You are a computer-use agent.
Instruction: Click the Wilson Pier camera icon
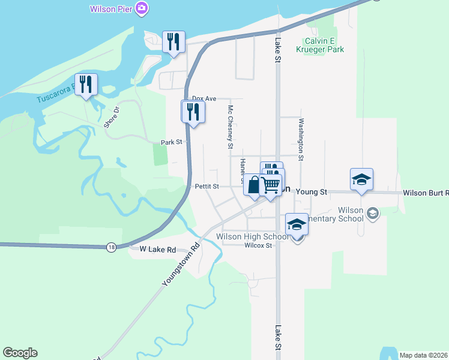pyautogui.click(x=142, y=8)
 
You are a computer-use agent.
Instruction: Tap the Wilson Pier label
pyautogui.click(x=111, y=9)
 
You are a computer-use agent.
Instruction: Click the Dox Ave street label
pyautogui.click(x=203, y=98)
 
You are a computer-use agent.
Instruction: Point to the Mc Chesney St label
pyautogui.click(x=230, y=127)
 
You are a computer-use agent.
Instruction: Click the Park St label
pyautogui.click(x=171, y=143)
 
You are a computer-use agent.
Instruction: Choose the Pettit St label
pyautogui.click(x=207, y=187)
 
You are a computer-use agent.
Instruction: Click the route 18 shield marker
pyautogui.click(x=111, y=247)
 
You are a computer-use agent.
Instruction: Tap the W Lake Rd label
pyautogui.click(x=157, y=249)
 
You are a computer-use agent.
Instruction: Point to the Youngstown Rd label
pyautogui.click(x=180, y=265)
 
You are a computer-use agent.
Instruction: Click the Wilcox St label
pyautogui.click(x=259, y=245)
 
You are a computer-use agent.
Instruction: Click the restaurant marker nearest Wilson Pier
pyautogui.click(x=173, y=41)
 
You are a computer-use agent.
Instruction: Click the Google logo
pyautogui.click(x=20, y=353)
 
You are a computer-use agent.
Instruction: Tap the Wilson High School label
pyautogui.click(x=252, y=237)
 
